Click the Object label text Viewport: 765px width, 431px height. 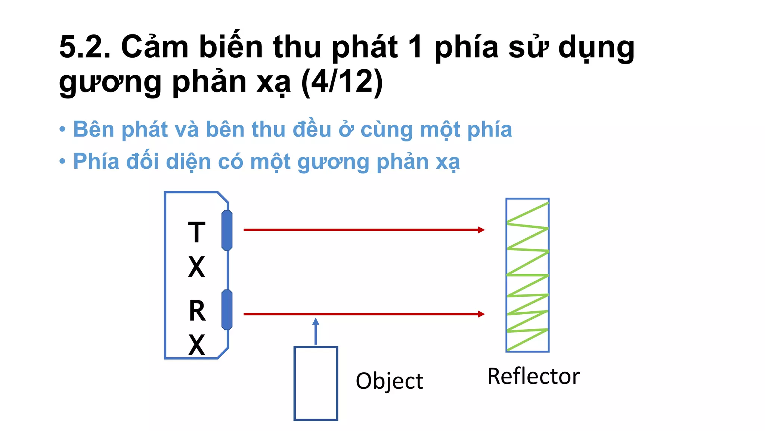pos(389,381)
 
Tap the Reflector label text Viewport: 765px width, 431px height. pos(533,376)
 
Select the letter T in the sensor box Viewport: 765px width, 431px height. pos(196,232)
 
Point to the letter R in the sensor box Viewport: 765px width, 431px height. pos(197,311)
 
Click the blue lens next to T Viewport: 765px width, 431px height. pos(227,230)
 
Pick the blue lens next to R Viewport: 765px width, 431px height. pos(227,310)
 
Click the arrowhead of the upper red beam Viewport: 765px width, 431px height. pos(481,230)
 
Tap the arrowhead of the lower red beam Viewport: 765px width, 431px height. pos(481,314)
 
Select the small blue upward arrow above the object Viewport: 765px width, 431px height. pos(316,331)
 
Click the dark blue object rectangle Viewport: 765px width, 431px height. pos(316,383)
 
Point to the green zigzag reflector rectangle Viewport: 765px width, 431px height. pos(527,275)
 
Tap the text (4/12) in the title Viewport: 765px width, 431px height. pos(342,82)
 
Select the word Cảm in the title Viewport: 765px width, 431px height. pos(155,47)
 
